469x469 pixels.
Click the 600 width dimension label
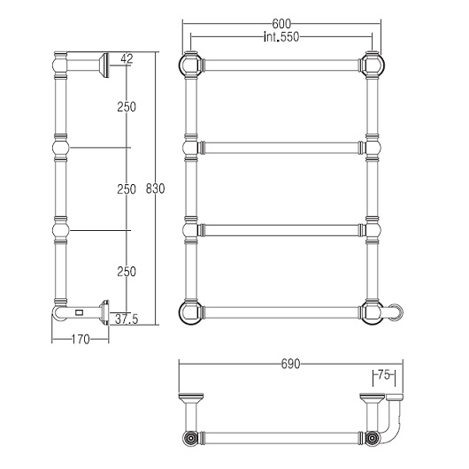coord(281,24)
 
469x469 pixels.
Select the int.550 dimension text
coord(281,37)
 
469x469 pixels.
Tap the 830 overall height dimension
coord(155,188)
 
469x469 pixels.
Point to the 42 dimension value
coord(127,59)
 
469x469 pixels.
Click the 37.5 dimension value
coord(127,319)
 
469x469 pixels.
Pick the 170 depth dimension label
coord(81,340)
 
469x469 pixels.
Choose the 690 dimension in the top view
coord(290,364)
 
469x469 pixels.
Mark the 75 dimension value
coord(384,374)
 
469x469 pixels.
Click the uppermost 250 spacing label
coord(127,107)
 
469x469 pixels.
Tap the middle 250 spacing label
coord(127,189)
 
